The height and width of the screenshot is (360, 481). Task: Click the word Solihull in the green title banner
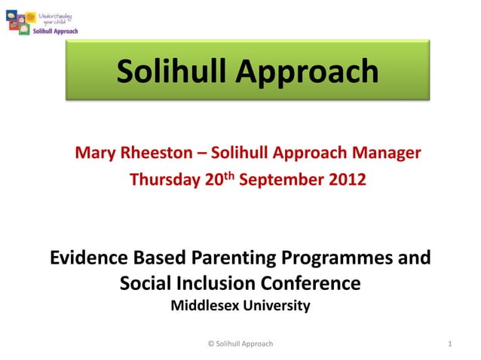tap(171, 72)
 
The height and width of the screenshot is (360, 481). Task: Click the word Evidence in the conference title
tap(88, 258)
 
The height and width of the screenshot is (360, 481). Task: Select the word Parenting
tap(230, 258)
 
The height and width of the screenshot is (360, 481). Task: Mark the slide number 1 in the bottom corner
tap(449, 344)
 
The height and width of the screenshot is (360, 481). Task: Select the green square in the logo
tap(24, 29)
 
